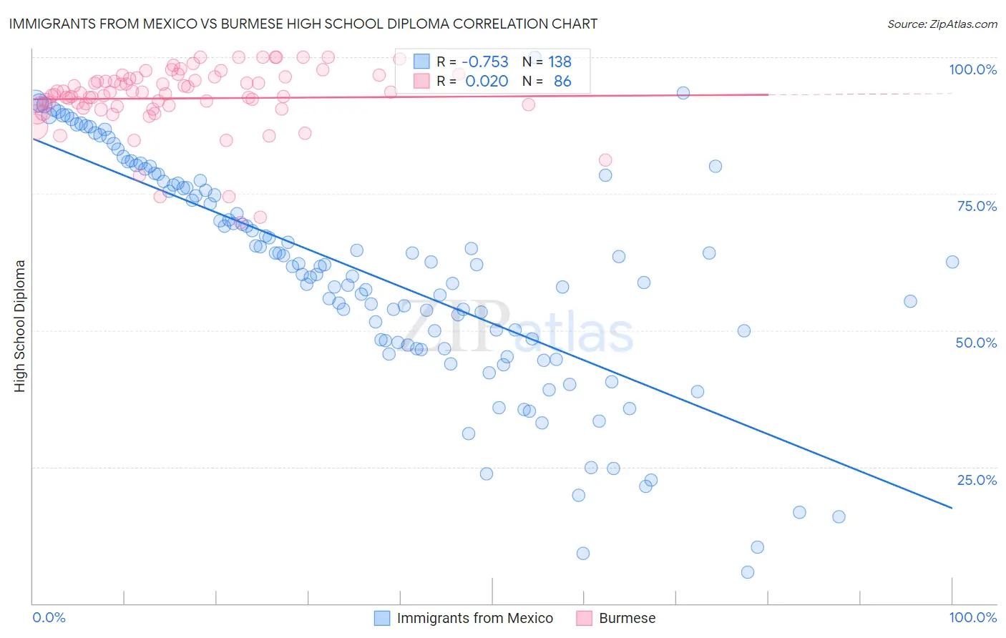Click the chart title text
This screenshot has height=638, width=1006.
[x=303, y=24]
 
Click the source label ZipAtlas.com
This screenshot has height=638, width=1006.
[x=942, y=24]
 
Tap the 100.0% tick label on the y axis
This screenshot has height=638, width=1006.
[x=972, y=69]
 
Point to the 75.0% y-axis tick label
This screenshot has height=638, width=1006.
[x=977, y=206]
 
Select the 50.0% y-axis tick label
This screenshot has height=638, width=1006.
[x=976, y=343]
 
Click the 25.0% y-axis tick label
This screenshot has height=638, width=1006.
[x=977, y=480]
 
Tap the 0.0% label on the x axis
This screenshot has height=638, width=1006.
[x=49, y=617]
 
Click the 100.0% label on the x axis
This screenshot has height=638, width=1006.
[x=972, y=617]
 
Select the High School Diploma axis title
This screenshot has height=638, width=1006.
[x=20, y=325]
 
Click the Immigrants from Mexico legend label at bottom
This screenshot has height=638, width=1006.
[x=474, y=618]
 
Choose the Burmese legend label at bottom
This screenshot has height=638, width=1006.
[x=627, y=618]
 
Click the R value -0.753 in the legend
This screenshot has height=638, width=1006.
[x=485, y=62]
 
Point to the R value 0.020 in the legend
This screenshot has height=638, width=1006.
[x=487, y=82]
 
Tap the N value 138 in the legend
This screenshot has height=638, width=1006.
[x=560, y=62]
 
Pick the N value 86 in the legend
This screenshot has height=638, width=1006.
[x=562, y=82]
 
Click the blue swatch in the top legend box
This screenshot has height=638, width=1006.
[x=421, y=62]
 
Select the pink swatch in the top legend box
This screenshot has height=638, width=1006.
[x=421, y=82]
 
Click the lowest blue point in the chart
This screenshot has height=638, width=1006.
[x=748, y=572]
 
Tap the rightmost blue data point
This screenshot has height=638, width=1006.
[x=952, y=262]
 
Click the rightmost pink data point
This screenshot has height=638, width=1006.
[x=605, y=160]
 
